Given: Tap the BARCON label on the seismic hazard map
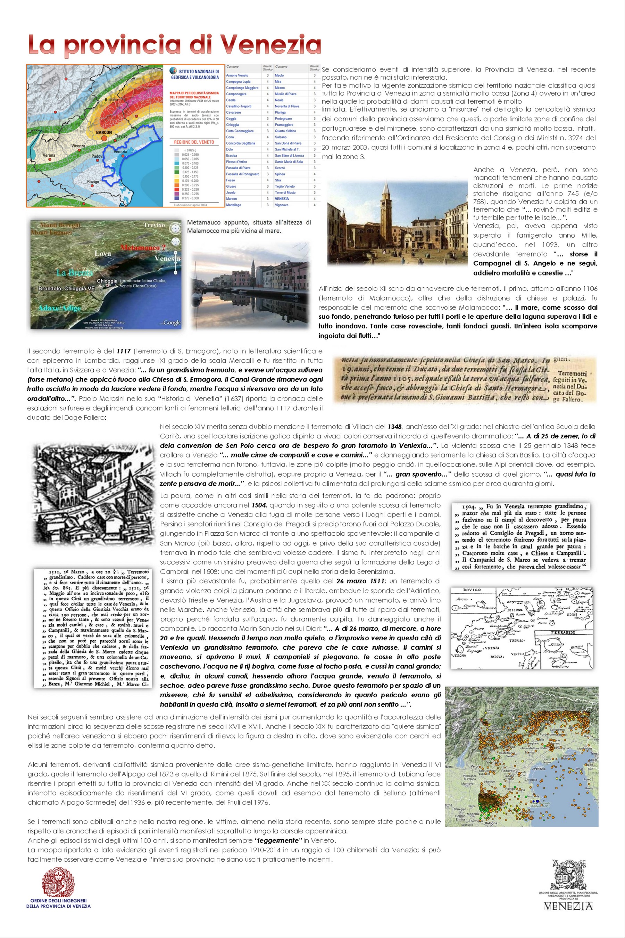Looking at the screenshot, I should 103,132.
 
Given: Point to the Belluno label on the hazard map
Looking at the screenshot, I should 111,99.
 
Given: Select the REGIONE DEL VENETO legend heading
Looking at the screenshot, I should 194,142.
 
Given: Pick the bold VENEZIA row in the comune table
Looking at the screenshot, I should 282,199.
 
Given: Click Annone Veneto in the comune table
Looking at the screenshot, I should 237,75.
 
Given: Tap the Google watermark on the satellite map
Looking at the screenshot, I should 172,323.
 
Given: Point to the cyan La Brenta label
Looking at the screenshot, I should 75,273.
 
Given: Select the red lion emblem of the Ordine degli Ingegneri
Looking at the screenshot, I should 58,883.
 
